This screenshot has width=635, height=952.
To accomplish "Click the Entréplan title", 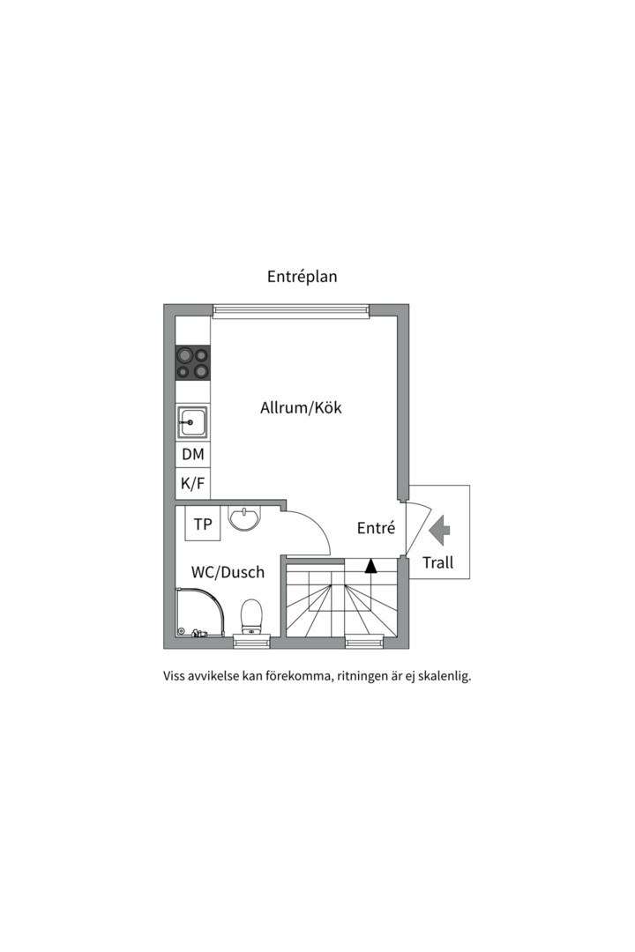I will click(303, 276).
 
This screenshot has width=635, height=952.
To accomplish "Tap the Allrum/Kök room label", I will click(301, 408).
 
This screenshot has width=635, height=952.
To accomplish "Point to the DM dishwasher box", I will click(192, 455).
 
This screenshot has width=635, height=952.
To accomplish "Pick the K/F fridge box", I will click(192, 483).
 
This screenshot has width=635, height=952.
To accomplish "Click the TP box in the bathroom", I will click(203, 524).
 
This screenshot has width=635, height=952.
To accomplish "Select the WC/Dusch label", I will click(228, 572).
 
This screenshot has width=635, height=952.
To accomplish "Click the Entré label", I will click(376, 528).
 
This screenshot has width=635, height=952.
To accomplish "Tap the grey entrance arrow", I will click(439, 530).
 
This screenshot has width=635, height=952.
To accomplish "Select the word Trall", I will click(437, 562).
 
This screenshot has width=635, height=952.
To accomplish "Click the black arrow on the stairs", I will click(371, 566).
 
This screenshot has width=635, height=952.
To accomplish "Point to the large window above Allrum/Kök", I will click(290, 309).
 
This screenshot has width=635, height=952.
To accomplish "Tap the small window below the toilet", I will click(252, 643).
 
